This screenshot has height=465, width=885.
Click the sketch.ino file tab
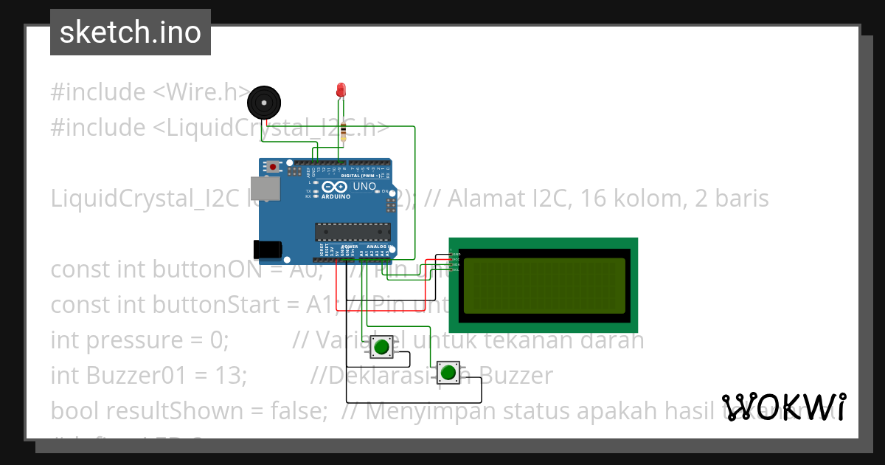[x=131, y=32]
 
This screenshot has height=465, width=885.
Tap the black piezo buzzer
[x=263, y=102]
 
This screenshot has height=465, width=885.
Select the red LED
[x=341, y=90]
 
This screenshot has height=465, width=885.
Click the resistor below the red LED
[x=344, y=133]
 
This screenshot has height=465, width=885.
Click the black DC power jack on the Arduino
[x=266, y=249]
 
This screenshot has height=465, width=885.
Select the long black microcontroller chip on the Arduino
[x=352, y=231]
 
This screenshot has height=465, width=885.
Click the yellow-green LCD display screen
[x=543, y=285]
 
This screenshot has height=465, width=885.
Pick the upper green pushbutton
[x=381, y=346]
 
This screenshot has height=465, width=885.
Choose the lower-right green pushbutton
[x=448, y=372]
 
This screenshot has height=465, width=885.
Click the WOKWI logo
[x=784, y=407]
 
